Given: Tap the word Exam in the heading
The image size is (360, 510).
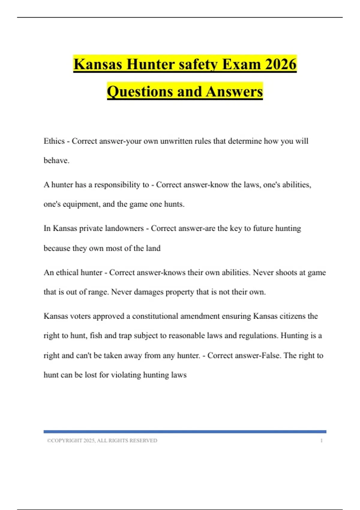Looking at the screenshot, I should coord(241,64).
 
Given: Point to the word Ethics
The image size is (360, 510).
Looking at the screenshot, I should coord(54,141).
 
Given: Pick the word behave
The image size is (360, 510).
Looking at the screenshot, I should coord(56,160).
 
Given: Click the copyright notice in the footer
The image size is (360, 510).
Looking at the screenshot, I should coord(102,440).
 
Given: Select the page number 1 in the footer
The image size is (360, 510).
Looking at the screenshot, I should coord(321,440).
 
